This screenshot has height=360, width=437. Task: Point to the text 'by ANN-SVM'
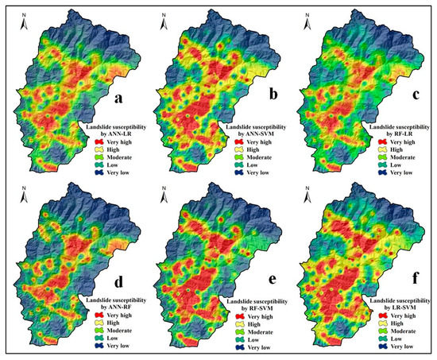click(253, 133)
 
